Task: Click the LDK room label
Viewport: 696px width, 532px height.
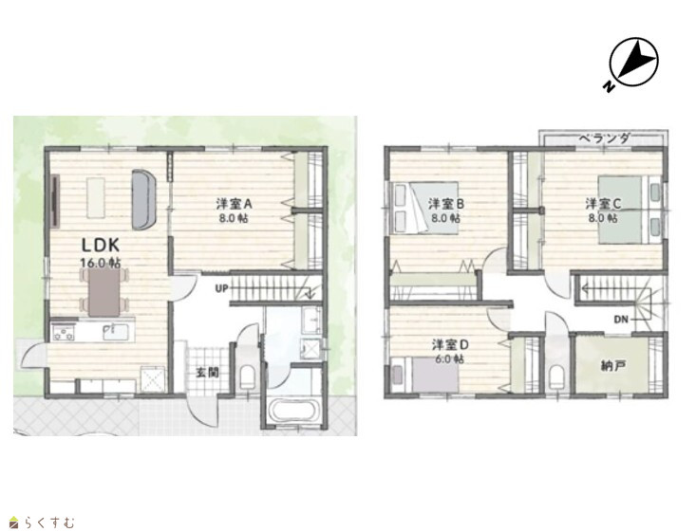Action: click(x=101, y=246)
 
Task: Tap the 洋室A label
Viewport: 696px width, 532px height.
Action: click(x=234, y=204)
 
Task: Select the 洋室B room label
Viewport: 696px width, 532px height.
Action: click(x=445, y=204)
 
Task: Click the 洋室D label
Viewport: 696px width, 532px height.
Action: click(x=450, y=344)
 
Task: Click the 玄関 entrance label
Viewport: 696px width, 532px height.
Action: click(x=207, y=373)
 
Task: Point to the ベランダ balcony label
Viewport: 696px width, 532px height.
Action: click(x=604, y=138)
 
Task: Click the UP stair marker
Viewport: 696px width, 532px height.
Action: click(x=221, y=289)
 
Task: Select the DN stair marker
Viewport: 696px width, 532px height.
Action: click(x=621, y=320)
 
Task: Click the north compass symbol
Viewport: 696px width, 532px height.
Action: click(x=631, y=64)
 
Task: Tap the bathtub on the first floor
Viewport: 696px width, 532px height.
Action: click(x=293, y=411)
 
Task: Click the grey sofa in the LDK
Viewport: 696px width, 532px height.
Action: click(x=143, y=199)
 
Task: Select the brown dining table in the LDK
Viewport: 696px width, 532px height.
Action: click(x=103, y=293)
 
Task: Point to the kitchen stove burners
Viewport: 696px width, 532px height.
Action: click(x=64, y=333)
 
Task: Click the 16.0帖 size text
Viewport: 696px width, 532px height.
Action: click(x=101, y=263)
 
